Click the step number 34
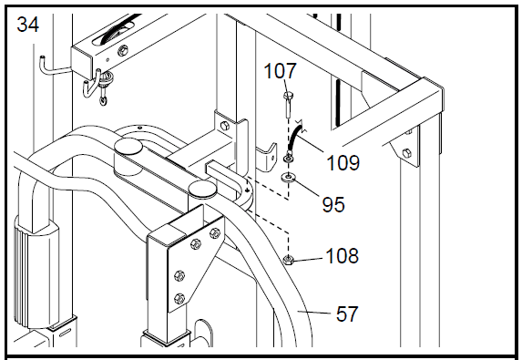coord(27,25)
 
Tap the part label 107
coord(280,71)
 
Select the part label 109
coord(343,163)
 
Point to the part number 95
coord(333,204)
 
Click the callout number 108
coord(342,256)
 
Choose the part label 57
coord(347,314)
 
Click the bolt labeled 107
coord(288,105)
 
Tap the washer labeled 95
coord(288,177)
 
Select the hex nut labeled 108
coord(288,259)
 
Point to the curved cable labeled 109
coord(294,139)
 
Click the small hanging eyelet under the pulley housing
coord(104,100)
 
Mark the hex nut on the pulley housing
coord(123,51)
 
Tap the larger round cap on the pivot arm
coord(128,147)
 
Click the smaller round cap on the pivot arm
coord(202,188)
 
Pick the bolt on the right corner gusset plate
coord(406,153)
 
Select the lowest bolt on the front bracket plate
coord(179,298)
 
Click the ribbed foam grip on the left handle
coord(36,273)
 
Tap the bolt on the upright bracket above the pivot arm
coord(225,126)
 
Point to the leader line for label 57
coord(314,312)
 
